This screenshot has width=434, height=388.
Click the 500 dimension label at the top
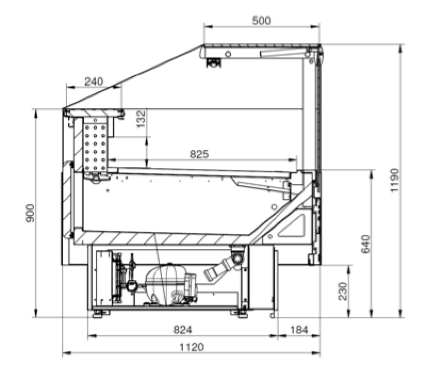point(261,21)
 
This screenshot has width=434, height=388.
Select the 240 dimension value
point(94,82)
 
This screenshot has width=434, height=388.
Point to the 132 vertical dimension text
point(141,119)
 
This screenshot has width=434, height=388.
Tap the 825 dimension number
point(199,154)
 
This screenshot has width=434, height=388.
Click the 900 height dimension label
point(30,213)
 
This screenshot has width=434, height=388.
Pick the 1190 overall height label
point(394,180)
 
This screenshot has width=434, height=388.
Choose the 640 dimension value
point(366,244)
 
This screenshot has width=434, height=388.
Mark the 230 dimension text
point(342,291)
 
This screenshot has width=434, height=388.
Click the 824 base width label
point(183,329)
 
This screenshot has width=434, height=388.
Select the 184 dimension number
point(299,329)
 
